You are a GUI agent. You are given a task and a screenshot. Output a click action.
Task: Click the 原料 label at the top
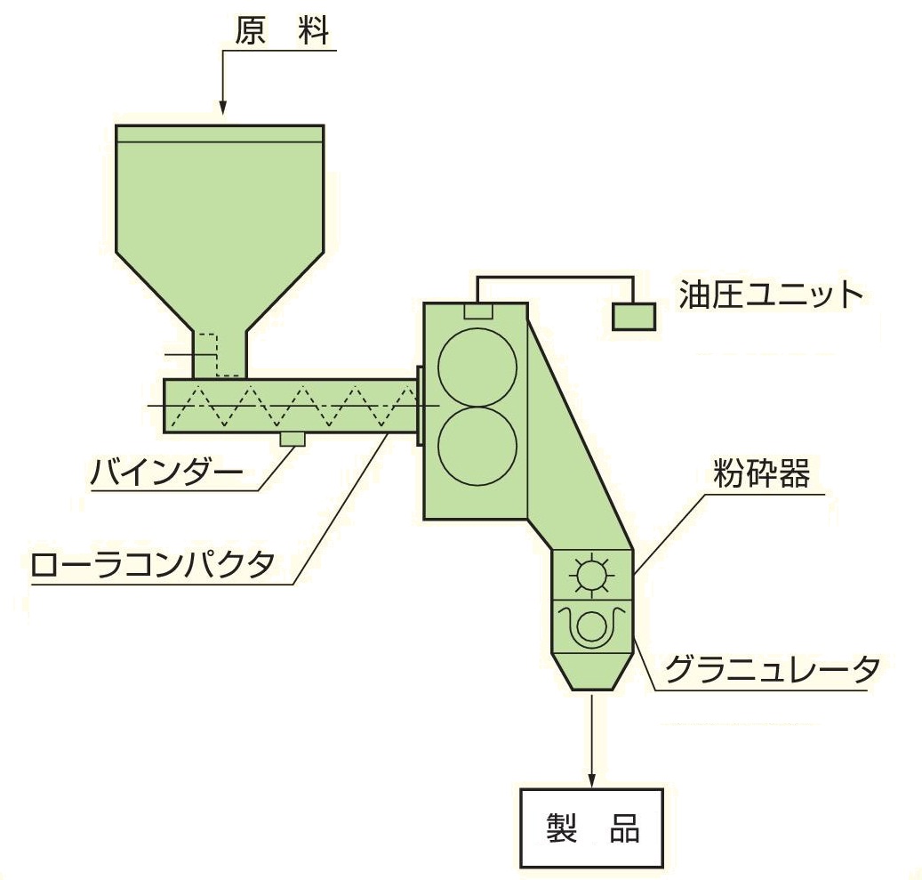click(x=282, y=30)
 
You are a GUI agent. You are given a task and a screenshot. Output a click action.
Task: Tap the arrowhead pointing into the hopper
click(x=222, y=107)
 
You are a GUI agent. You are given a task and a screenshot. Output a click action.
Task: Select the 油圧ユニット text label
click(x=771, y=295)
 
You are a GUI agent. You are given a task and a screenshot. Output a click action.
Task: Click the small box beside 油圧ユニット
click(x=634, y=317)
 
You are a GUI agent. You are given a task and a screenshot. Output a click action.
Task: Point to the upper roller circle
click(x=477, y=367)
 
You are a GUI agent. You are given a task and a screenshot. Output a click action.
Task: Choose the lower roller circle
click(x=477, y=446)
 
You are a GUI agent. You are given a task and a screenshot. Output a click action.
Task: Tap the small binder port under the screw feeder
click(x=293, y=440)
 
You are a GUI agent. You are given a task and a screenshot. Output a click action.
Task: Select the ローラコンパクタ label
click(x=152, y=565)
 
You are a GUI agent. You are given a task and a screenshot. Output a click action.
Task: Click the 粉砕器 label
click(x=761, y=473)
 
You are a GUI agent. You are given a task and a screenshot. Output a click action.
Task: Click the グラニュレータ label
click(x=772, y=670)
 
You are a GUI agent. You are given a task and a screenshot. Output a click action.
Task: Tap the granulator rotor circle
click(x=591, y=626)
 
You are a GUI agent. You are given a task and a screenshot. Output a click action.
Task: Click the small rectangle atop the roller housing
click(x=478, y=311)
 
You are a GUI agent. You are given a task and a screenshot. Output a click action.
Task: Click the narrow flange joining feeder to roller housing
click(x=420, y=406)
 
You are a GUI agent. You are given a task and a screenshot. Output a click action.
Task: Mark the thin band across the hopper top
click(x=220, y=133)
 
